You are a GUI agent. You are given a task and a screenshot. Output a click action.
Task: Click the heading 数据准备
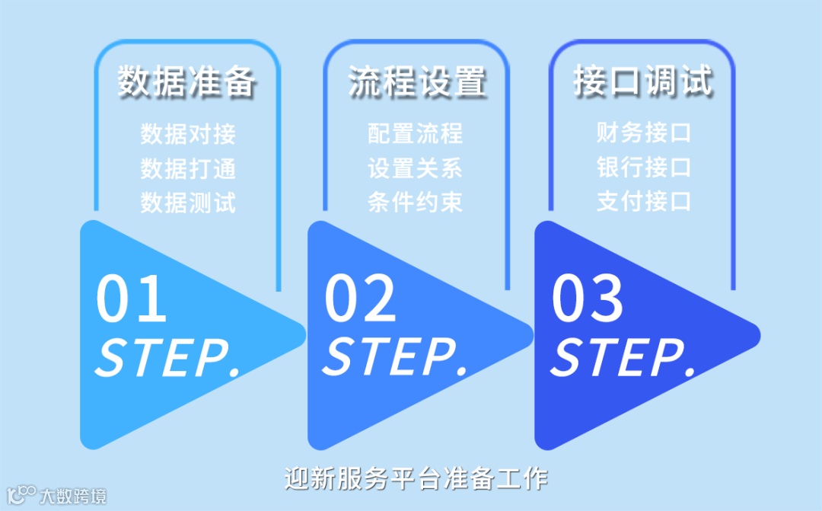(x=187, y=81)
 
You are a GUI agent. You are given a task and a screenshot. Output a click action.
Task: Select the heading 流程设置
(x=416, y=81)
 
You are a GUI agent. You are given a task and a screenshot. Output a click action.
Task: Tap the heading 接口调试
(x=643, y=81)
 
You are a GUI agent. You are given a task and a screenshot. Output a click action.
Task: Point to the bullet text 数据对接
(x=188, y=134)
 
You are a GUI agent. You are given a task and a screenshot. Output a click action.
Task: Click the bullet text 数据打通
(x=188, y=168)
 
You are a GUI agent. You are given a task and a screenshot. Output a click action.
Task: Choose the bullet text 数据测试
(x=188, y=203)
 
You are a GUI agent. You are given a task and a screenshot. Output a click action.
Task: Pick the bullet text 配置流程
(x=415, y=134)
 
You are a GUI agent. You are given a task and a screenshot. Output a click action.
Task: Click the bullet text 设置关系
(x=415, y=168)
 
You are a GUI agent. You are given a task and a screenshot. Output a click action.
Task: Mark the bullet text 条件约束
(x=415, y=203)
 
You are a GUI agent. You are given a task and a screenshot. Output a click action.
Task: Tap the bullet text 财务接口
(x=643, y=133)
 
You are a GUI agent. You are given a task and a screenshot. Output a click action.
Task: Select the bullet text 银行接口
(x=643, y=168)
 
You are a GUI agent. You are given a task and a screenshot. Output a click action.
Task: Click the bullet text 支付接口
(x=643, y=202)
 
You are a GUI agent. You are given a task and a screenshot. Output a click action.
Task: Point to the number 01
(x=131, y=299)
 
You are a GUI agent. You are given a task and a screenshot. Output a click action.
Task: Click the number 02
(x=360, y=299)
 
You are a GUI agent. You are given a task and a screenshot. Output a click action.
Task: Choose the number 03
(x=587, y=299)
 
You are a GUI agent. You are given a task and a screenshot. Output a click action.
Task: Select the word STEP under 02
(x=395, y=356)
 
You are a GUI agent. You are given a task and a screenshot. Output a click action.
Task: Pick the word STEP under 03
(x=623, y=356)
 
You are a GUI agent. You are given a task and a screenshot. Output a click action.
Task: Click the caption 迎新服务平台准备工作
(x=416, y=479)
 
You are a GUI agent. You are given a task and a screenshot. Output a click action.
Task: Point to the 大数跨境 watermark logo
(x=56, y=495)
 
